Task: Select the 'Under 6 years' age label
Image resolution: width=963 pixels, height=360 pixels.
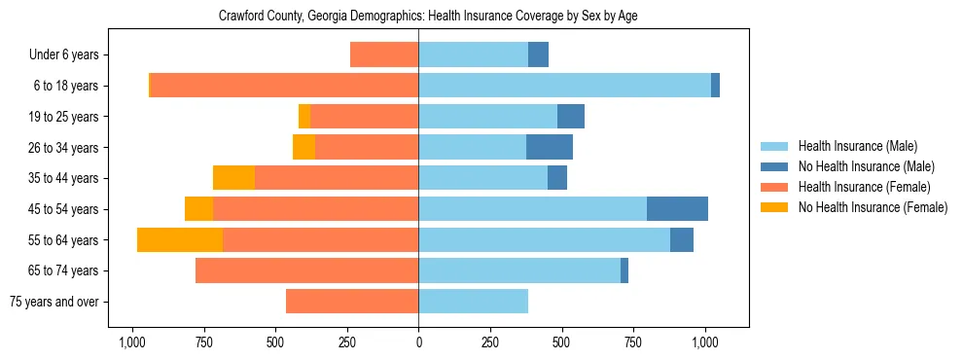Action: pyautogui.click(x=69, y=55)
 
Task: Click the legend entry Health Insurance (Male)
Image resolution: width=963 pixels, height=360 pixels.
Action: pyautogui.click(x=857, y=147)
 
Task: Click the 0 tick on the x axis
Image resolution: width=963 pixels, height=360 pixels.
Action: pyautogui.click(x=418, y=342)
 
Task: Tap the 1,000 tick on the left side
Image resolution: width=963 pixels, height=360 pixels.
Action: pyautogui.click(x=132, y=342)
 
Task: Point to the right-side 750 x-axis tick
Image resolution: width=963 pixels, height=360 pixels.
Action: pyautogui.click(x=633, y=342)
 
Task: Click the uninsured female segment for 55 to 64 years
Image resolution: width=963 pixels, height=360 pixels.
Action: pyautogui.click(x=180, y=240)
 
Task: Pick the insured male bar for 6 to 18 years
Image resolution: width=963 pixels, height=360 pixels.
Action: pyautogui.click(x=564, y=86)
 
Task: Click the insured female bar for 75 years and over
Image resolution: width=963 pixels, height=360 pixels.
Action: pyautogui.click(x=352, y=302)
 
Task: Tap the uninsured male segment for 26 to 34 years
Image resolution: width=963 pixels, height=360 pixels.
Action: pyautogui.click(x=550, y=148)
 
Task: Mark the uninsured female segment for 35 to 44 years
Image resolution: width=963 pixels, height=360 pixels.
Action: pyautogui.click(x=233, y=178)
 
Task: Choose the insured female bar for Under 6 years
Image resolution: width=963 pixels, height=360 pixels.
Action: pyautogui.click(x=384, y=55)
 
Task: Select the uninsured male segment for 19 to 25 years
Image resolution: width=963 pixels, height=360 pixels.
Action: pyautogui.click(x=571, y=117)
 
